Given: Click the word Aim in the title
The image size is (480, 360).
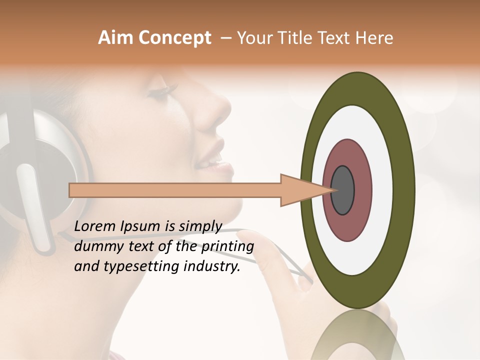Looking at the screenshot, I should [x=115, y=38].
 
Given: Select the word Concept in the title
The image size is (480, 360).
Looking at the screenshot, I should [x=174, y=38].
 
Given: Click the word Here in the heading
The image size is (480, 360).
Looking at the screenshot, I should [x=375, y=38].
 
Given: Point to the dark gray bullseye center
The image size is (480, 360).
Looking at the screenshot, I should [x=343, y=190].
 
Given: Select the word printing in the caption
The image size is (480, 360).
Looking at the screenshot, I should [x=227, y=246].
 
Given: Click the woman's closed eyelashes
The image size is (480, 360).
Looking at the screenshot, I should [x=167, y=90].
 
